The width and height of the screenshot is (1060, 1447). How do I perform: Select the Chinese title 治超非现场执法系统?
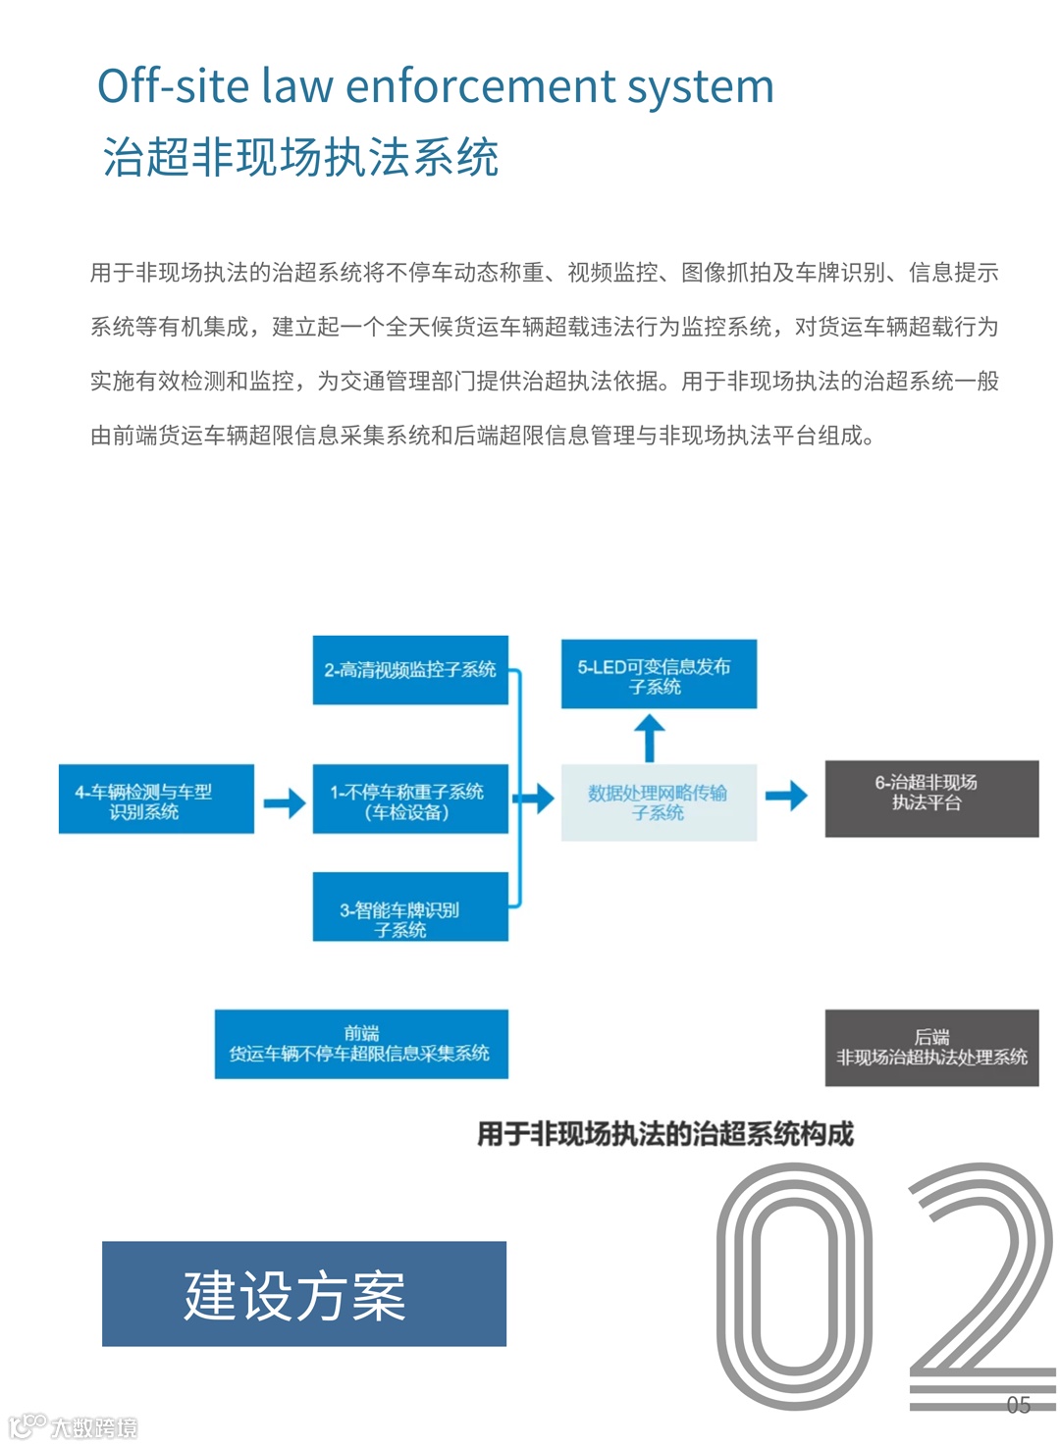[300, 158]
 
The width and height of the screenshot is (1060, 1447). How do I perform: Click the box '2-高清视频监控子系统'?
[410, 670]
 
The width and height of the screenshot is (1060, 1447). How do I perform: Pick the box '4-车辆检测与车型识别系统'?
[156, 800]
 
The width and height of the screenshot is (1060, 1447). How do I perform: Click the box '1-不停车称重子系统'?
[410, 800]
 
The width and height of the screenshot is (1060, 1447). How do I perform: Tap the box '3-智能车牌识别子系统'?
[410, 907]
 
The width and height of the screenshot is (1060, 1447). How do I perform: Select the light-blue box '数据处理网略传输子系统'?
[659, 801]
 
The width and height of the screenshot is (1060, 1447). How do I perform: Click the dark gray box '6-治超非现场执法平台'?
[931, 799]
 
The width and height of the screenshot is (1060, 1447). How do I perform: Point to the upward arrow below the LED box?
[649, 737]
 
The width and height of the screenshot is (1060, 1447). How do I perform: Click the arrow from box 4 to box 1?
[285, 802]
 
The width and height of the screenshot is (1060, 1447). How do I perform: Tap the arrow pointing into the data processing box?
[535, 798]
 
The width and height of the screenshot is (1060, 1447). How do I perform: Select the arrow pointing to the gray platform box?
[786, 796]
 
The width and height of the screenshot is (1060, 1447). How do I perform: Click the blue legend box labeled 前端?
[361, 1044]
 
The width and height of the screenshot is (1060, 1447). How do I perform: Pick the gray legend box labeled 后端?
[931, 1048]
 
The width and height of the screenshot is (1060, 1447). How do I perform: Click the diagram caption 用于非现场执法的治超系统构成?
[665, 1135]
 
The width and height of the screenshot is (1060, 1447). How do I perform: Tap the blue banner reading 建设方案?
[304, 1294]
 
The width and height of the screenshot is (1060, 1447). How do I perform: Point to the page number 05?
[1018, 1405]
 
